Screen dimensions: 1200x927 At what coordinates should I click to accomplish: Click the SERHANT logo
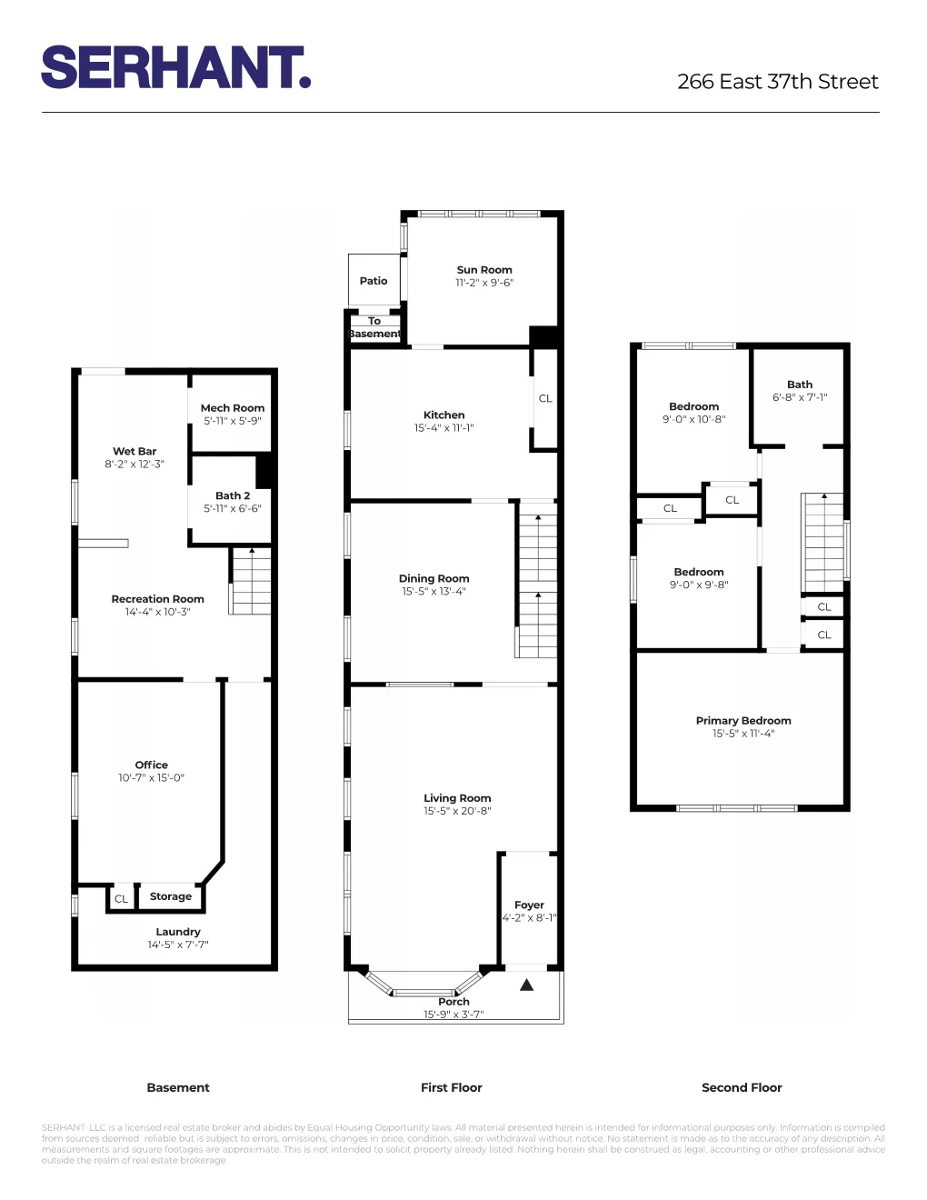point(175,68)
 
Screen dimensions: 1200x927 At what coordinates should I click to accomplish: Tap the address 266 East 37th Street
point(777,82)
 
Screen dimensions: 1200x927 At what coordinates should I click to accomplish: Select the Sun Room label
point(484,270)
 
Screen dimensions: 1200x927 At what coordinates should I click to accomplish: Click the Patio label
point(374,281)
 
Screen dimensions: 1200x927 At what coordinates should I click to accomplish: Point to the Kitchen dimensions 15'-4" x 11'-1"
point(444,428)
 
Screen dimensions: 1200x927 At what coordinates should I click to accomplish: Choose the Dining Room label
point(434,578)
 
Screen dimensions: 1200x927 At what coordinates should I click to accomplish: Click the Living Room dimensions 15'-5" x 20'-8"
point(457,811)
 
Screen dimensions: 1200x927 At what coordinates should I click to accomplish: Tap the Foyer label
point(529,905)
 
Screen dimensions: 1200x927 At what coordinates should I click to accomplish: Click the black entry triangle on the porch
point(526,985)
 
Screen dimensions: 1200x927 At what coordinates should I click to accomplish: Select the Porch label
point(454,1002)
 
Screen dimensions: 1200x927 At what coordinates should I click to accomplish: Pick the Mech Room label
point(233,408)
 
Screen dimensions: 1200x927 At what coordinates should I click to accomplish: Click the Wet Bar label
point(135,451)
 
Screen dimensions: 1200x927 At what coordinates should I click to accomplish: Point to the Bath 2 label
point(233,495)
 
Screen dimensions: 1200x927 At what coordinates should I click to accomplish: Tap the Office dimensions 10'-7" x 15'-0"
point(151,778)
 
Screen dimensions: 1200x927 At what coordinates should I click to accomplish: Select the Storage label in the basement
point(171,896)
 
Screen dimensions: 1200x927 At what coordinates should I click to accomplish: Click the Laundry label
point(178,932)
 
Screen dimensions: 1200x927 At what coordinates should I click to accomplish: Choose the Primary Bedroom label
point(743,721)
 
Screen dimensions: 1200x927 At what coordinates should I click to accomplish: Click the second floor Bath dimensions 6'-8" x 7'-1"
point(800,397)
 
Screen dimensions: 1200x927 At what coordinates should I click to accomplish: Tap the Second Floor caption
point(742,1087)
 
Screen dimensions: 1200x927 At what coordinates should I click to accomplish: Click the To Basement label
point(374,327)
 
